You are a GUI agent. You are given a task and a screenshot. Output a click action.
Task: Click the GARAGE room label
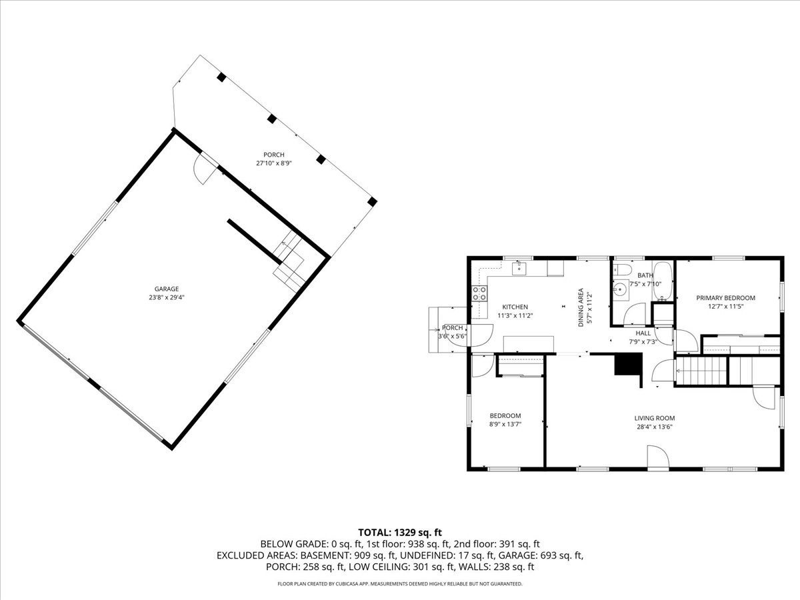(166, 289)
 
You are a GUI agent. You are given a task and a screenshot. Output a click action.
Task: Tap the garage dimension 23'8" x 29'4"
(166, 297)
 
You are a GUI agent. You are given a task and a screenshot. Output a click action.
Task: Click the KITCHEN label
(515, 307)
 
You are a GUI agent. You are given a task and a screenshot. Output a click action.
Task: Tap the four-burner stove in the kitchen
(479, 294)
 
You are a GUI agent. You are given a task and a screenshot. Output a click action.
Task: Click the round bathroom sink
(620, 289)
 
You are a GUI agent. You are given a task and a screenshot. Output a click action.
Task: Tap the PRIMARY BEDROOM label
(725, 298)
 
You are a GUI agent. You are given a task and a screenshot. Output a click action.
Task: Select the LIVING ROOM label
(653, 418)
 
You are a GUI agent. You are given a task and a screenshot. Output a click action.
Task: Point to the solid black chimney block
(627, 365)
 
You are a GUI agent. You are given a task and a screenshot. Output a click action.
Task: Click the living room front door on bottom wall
(657, 460)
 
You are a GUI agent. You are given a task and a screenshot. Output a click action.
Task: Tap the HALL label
(643, 333)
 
